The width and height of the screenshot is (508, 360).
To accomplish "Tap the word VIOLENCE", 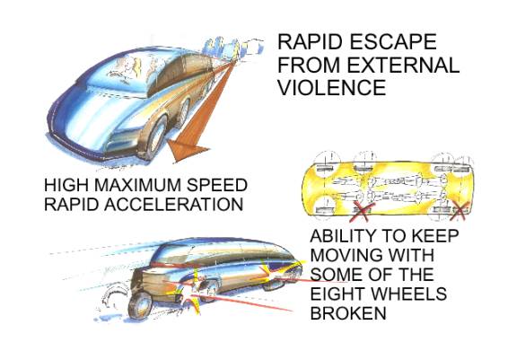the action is pos(332,87).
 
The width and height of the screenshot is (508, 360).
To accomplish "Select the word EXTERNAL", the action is pos(403,64).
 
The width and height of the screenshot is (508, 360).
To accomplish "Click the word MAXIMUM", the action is pos(138,185).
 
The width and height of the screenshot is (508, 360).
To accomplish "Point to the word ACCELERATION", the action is pos(173,204).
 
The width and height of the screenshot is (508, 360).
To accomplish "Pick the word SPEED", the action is pos(217,185).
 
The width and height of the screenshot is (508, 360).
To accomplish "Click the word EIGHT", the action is pos(337,294).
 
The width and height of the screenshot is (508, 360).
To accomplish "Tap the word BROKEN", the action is pos(348,313).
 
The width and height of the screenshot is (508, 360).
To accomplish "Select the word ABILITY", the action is pos(344,235).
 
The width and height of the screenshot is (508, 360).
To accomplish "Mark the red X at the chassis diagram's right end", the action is pos(460,211).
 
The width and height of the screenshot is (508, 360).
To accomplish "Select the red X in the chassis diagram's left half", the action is pos(363,211).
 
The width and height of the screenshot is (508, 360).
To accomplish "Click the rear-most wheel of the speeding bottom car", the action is pos(140,304).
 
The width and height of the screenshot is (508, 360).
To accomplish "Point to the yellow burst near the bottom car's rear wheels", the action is pos(189,292).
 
